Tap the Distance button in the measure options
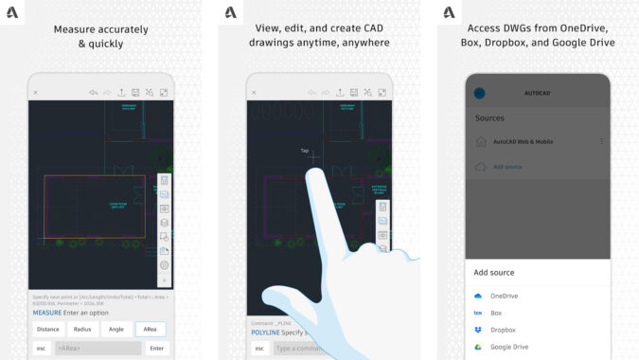click(47, 329)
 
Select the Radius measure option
click(82, 329)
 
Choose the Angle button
click(116, 329)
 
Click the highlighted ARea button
click(151, 329)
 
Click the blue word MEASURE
click(47, 312)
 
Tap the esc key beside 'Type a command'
click(259, 349)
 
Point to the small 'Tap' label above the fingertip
click(305, 151)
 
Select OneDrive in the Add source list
click(504, 296)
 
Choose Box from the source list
click(496, 313)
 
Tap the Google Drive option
click(508, 347)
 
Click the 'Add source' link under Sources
click(507, 167)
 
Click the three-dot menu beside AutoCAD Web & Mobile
click(602, 141)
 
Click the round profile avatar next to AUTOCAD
click(479, 93)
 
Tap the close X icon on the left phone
click(36, 92)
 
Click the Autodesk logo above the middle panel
click(230, 13)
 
